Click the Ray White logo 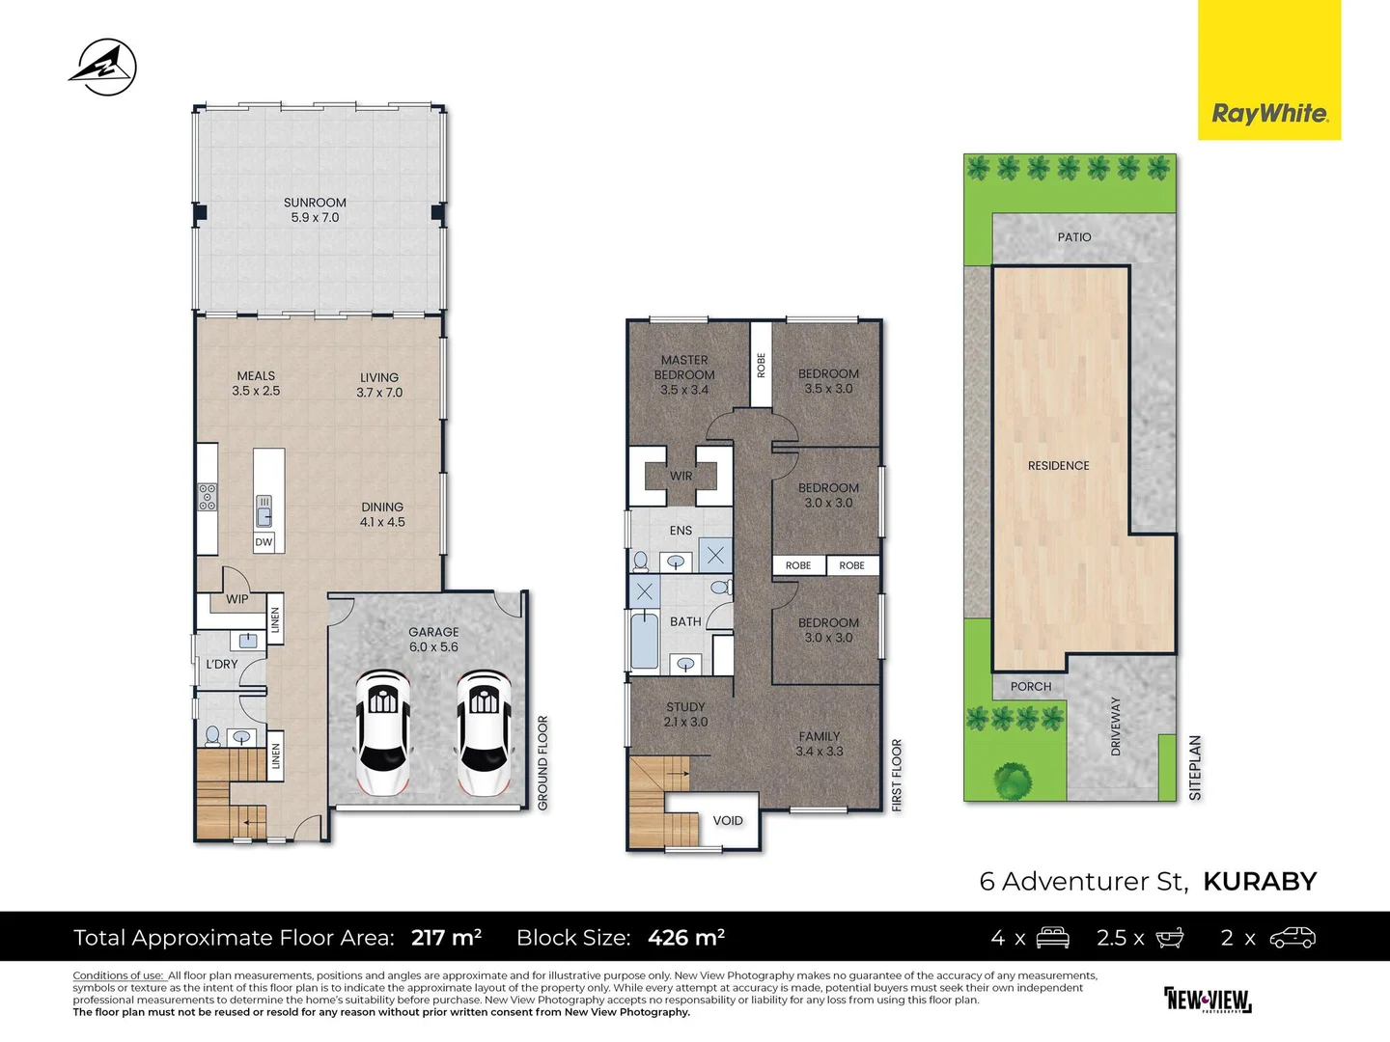[1269, 114]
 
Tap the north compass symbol [102, 67]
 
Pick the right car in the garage [485, 733]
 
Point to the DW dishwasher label [264, 542]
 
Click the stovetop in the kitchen [208, 497]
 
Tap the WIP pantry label [237, 599]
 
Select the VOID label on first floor [728, 821]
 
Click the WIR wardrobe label [681, 476]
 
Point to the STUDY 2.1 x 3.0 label [685, 714]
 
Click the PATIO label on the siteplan [1074, 237]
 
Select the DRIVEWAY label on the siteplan [1117, 726]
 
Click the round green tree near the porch [1013, 778]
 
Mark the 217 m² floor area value [446, 938]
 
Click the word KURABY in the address [1260, 882]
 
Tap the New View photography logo [1208, 1000]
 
